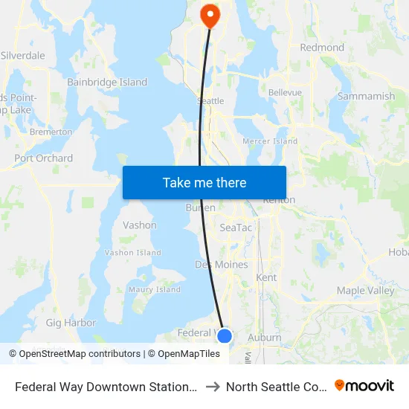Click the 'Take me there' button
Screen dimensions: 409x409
click(x=204, y=182)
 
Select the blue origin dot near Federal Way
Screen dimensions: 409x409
click(x=225, y=336)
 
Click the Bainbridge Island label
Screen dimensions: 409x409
click(x=107, y=83)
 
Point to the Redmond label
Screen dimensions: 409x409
click(x=322, y=48)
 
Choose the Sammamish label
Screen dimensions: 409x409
click(x=366, y=97)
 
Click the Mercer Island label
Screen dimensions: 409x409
click(x=270, y=141)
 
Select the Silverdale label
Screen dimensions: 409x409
click(x=23, y=56)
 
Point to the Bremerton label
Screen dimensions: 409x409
click(x=51, y=132)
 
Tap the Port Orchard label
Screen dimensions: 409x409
click(x=44, y=158)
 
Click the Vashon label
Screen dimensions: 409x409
click(x=140, y=225)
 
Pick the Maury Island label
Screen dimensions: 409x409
click(x=155, y=290)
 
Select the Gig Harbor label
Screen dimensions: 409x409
click(x=71, y=323)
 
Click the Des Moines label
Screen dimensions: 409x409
click(x=222, y=265)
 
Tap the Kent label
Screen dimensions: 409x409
click(x=266, y=277)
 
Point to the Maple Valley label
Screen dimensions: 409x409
click(x=365, y=291)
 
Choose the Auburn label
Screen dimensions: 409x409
click(x=264, y=338)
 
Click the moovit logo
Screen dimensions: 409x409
click(x=364, y=386)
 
